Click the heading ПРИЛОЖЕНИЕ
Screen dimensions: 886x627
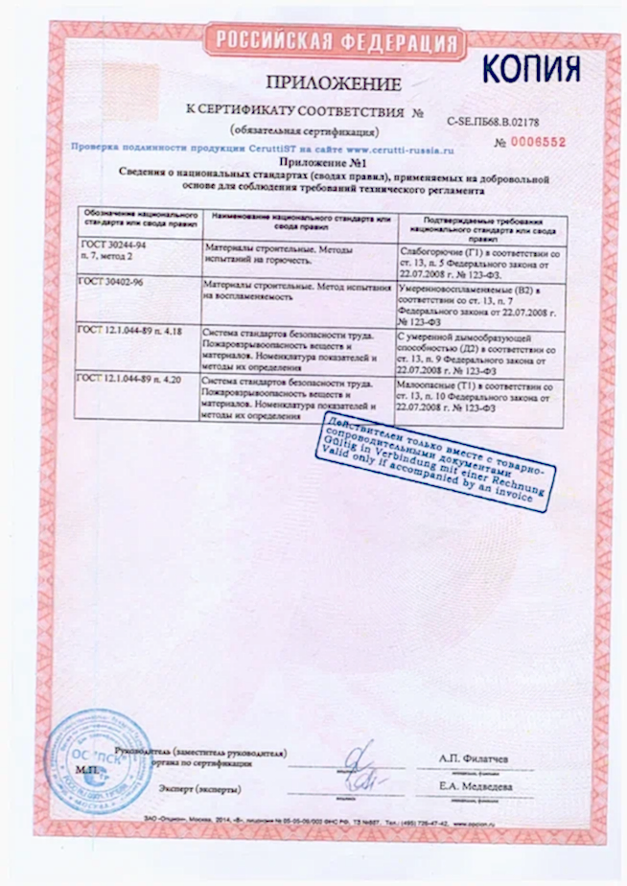[x=333, y=82]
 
